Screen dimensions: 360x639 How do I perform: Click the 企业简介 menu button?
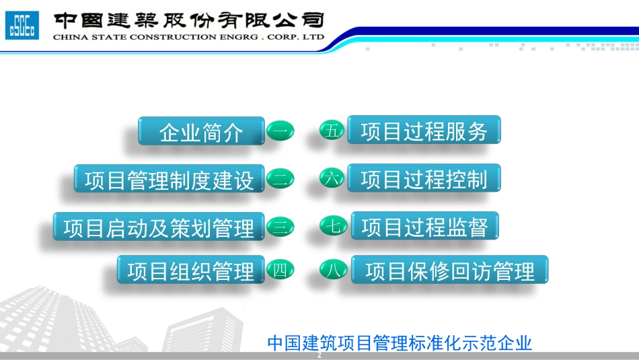pos(201,132)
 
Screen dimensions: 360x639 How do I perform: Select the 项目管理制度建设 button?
pos(170,180)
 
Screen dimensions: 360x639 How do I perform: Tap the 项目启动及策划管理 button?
pos(159,227)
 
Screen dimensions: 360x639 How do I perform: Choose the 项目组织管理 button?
pos(191,271)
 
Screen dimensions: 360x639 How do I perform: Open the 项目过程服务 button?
pos(424,131)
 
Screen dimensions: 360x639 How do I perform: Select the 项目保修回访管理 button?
pos(449,271)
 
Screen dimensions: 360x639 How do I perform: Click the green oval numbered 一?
pos(280,131)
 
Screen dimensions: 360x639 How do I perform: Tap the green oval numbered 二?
pos(280,179)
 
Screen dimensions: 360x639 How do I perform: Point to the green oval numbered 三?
pos(280,227)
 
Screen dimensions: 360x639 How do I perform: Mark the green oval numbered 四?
pos(280,271)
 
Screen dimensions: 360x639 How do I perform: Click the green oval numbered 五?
pos(332,131)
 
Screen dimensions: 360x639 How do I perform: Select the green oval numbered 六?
pos(332,178)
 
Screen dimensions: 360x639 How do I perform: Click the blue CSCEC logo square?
pos(22,26)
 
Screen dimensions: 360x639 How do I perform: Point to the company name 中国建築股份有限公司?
pos(188,20)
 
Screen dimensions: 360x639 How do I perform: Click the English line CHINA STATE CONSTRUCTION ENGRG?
pos(188,37)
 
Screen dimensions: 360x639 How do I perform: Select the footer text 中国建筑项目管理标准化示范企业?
pos(400,343)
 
